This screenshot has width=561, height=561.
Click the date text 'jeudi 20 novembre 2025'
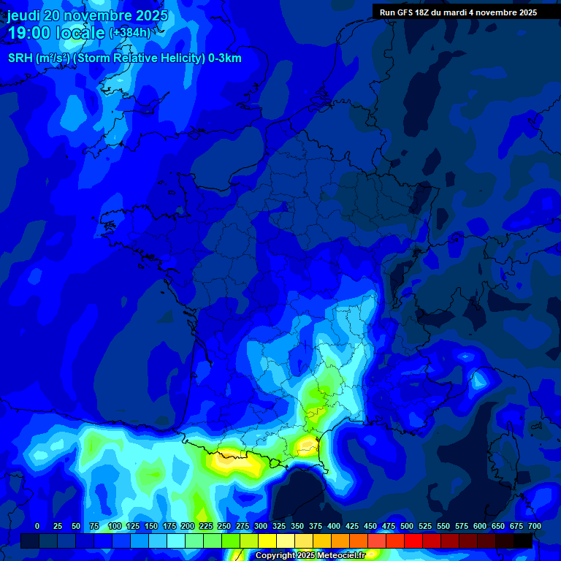[x=88, y=15]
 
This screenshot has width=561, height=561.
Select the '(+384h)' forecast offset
[x=130, y=33]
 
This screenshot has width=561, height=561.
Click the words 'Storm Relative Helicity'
[x=139, y=58]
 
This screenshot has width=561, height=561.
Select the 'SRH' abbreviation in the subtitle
[x=20, y=58]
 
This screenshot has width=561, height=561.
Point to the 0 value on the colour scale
[x=37, y=527]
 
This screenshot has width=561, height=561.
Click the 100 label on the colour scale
[x=115, y=527]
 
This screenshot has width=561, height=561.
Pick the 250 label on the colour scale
[x=224, y=527]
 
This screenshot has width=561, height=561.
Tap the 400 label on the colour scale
[x=334, y=527]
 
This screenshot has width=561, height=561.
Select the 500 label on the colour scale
[x=407, y=527]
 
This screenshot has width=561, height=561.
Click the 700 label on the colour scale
[x=534, y=527]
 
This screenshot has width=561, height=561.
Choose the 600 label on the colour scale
[x=480, y=527]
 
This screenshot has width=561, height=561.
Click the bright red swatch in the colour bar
[x=413, y=541]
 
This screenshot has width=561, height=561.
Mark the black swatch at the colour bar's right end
[x=523, y=541]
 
